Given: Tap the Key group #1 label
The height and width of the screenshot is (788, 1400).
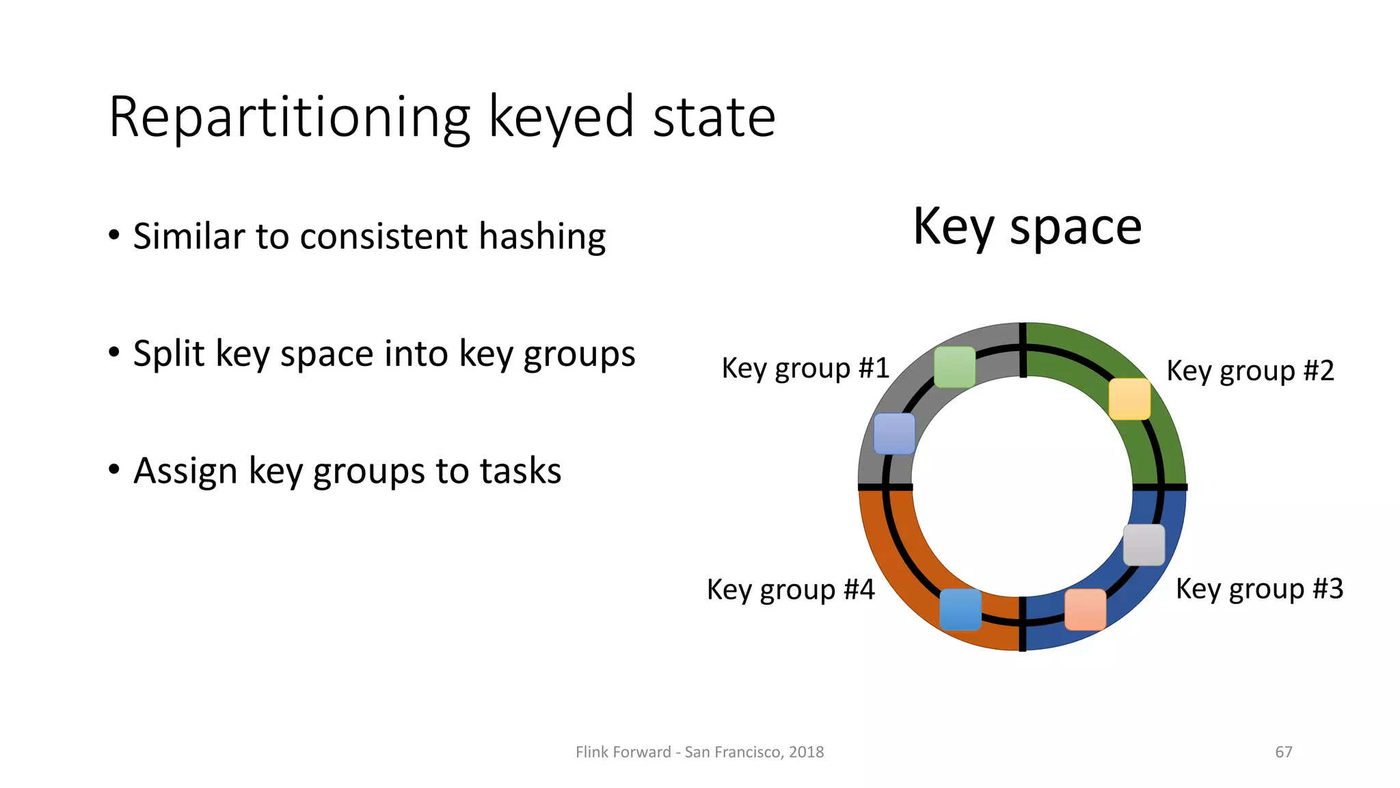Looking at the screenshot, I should coord(805,369).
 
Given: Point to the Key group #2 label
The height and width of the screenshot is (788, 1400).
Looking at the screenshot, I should coord(1250,371).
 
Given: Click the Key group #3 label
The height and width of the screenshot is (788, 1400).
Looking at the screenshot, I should coord(1259,589).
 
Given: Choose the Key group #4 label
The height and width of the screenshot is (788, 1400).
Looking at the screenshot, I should coord(790,590).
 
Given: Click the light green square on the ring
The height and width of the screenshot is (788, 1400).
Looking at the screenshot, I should coord(954,367).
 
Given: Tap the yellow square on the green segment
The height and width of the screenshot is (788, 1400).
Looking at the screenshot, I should coord(1129,399).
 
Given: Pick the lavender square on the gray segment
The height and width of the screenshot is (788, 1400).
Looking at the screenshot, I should coord(894,434).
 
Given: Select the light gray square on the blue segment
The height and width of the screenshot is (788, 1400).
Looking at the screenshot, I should coord(1144,545).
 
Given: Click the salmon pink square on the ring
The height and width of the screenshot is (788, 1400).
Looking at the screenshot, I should coord(1085,609).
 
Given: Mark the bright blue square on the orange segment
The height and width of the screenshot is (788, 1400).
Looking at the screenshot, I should coord(960,609).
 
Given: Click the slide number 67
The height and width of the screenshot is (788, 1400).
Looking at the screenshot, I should coord(1283,752).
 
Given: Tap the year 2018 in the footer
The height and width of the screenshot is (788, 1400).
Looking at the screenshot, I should coord(806,752).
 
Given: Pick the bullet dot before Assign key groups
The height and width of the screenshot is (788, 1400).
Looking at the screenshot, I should coord(114,470).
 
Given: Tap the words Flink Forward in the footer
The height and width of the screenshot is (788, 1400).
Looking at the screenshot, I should coord(623,752).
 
